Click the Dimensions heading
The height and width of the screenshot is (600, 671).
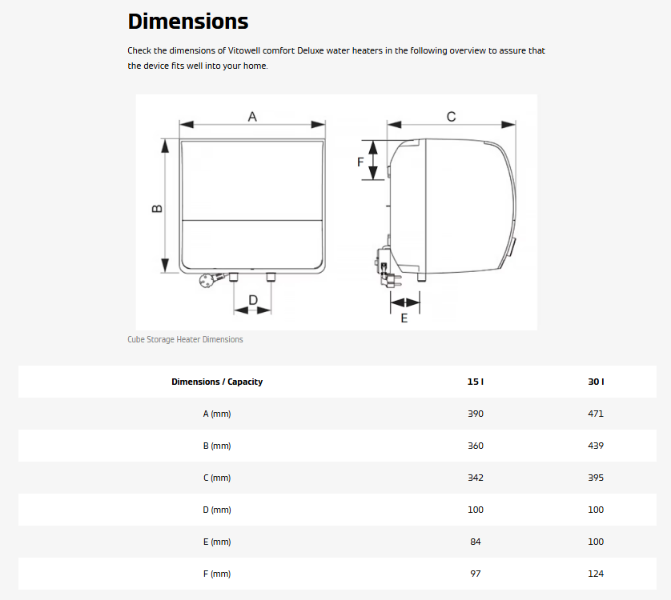click(188, 21)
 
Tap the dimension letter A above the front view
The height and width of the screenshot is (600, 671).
click(252, 116)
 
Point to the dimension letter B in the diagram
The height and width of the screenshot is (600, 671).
click(157, 209)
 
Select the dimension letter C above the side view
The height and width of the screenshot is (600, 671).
click(451, 116)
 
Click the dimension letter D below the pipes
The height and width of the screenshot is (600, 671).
click(253, 300)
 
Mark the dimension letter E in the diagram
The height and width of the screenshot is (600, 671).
click(404, 318)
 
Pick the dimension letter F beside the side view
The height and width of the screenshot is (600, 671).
click(360, 162)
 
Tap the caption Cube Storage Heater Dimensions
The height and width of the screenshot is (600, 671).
click(185, 339)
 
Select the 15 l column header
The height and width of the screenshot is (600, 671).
click(476, 382)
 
